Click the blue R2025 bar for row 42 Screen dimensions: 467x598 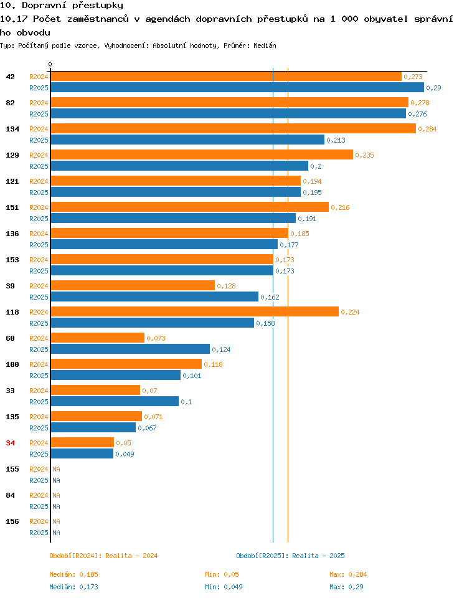[x=237, y=87]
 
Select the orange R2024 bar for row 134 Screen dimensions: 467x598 [x=233, y=128]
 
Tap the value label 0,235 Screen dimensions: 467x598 [x=364, y=155]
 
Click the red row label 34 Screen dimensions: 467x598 [x=11, y=443]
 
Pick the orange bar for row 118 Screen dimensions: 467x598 [x=194, y=311]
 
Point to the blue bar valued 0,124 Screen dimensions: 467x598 [x=130, y=349]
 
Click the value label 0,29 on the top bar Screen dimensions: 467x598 [x=433, y=88]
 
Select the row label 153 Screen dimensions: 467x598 [x=12, y=260]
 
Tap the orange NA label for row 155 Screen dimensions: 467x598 [x=57, y=469]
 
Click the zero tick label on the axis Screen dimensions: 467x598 [x=50, y=64]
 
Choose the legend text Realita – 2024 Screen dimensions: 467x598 [x=131, y=556]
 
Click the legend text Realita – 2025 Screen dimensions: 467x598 [x=318, y=556]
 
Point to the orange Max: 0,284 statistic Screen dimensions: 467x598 [x=348, y=574]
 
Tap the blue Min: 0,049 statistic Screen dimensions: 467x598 [x=224, y=587]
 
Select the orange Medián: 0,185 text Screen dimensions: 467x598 [x=73, y=574]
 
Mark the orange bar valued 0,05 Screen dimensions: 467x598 [x=82, y=442]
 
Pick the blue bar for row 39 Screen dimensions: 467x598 [x=154, y=297]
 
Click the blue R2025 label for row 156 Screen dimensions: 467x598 [x=39, y=533]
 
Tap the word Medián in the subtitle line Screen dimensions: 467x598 [x=265, y=45]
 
